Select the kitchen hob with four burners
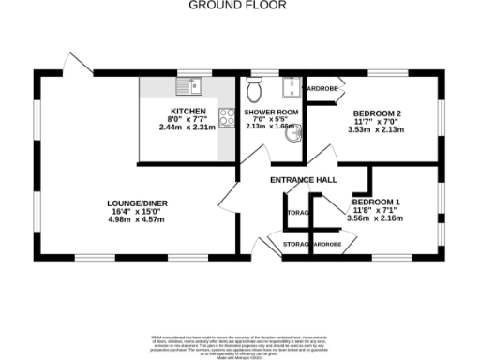226,117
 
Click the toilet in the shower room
254,91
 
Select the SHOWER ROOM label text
271,112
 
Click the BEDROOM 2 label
377,114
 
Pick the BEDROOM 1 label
376,202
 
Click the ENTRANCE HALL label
304,179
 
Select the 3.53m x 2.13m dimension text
377,130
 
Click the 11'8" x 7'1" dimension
376,211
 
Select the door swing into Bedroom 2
323,156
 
